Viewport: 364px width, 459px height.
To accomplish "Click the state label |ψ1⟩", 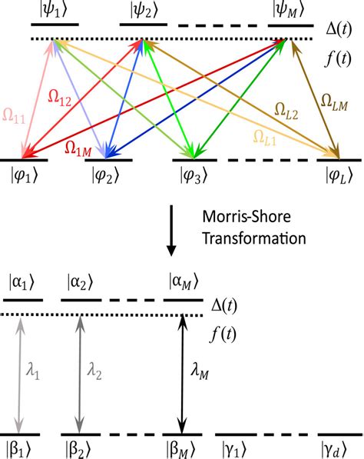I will [55, 11].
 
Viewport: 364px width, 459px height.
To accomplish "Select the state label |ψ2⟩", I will [147, 11].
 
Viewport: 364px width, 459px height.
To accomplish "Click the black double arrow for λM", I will [181, 374].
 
